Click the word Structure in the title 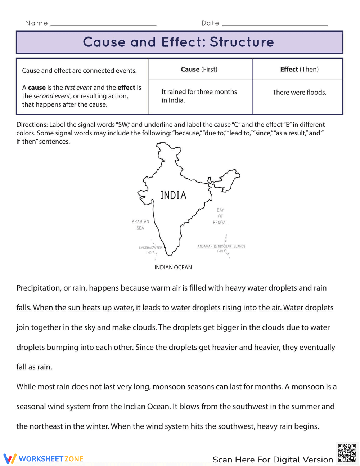242,42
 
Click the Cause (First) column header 199,69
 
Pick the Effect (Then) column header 299,69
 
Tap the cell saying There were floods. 299,92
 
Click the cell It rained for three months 199,96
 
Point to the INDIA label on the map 174,196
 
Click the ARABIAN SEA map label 140,225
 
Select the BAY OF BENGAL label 220,216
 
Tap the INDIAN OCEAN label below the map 173,267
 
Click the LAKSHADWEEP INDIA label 150,250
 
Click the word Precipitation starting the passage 38,288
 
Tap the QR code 347,453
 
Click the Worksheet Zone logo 44,459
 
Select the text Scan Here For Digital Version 273,460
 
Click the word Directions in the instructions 32,125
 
